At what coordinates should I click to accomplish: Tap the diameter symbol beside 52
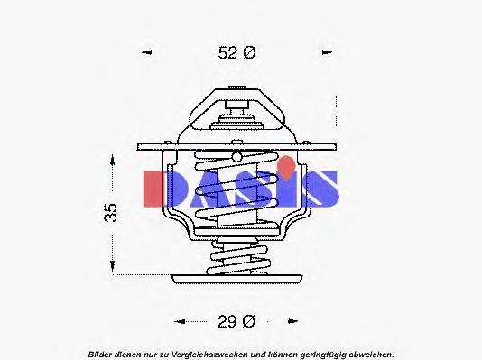pos(250,53)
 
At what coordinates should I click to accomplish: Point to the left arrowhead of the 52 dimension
pos(147,53)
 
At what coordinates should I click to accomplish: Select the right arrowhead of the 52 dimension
pos(327,53)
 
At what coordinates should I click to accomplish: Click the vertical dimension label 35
pos(109,213)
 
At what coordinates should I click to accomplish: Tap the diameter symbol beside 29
pos(250,319)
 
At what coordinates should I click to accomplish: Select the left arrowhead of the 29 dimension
pos(178,320)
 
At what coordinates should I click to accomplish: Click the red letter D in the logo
pos(162,189)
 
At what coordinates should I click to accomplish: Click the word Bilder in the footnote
pos(101,353)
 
